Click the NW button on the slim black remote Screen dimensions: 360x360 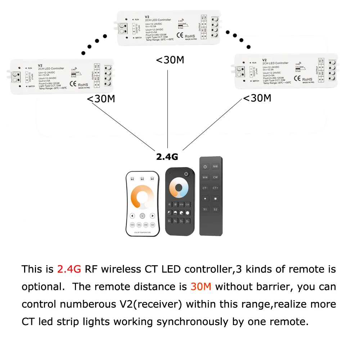(215, 167)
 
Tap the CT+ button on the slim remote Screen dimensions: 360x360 (215, 188)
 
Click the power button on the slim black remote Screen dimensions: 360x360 (205, 167)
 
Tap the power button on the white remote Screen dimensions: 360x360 (143, 216)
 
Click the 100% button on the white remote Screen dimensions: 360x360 (132, 225)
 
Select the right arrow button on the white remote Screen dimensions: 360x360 (153, 216)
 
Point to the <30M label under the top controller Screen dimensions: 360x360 (170, 60)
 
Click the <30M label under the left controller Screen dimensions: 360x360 (101, 99)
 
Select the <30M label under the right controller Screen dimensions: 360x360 (257, 98)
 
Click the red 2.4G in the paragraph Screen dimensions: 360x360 (69, 269)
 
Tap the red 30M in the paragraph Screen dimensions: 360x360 (201, 287)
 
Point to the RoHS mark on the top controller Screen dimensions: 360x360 (190, 36)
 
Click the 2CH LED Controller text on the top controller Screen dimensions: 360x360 (158, 20)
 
